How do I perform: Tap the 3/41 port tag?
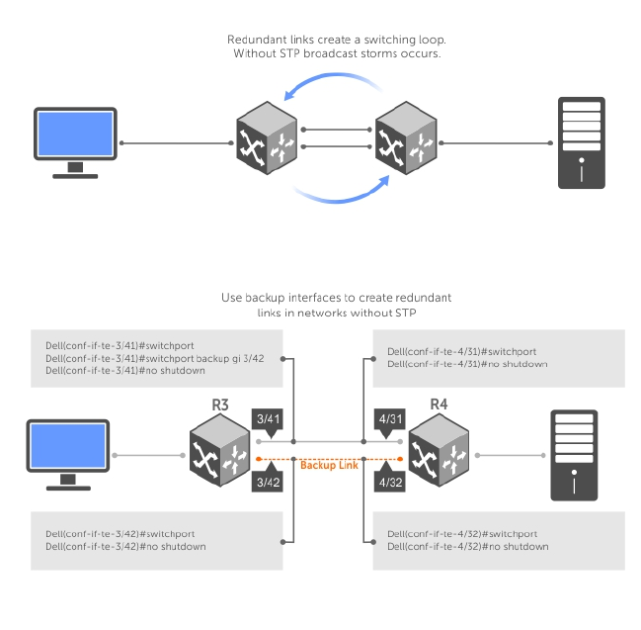click(x=269, y=420)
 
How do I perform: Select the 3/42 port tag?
click(x=269, y=483)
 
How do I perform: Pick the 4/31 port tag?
click(x=388, y=420)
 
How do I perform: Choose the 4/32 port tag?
click(x=388, y=483)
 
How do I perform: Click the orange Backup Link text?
click(x=329, y=465)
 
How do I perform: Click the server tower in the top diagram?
click(x=581, y=142)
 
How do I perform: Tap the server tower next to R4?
click(x=572, y=456)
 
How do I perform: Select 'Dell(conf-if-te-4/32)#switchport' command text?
click(x=462, y=534)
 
